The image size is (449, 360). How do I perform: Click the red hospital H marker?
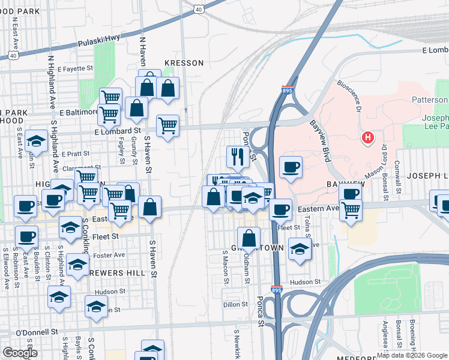pos(368,138)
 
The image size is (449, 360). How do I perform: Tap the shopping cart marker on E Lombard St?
pos(167,125)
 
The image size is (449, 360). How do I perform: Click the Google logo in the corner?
pos(19,353)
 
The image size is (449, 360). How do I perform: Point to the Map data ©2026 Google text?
pos(412,355)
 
